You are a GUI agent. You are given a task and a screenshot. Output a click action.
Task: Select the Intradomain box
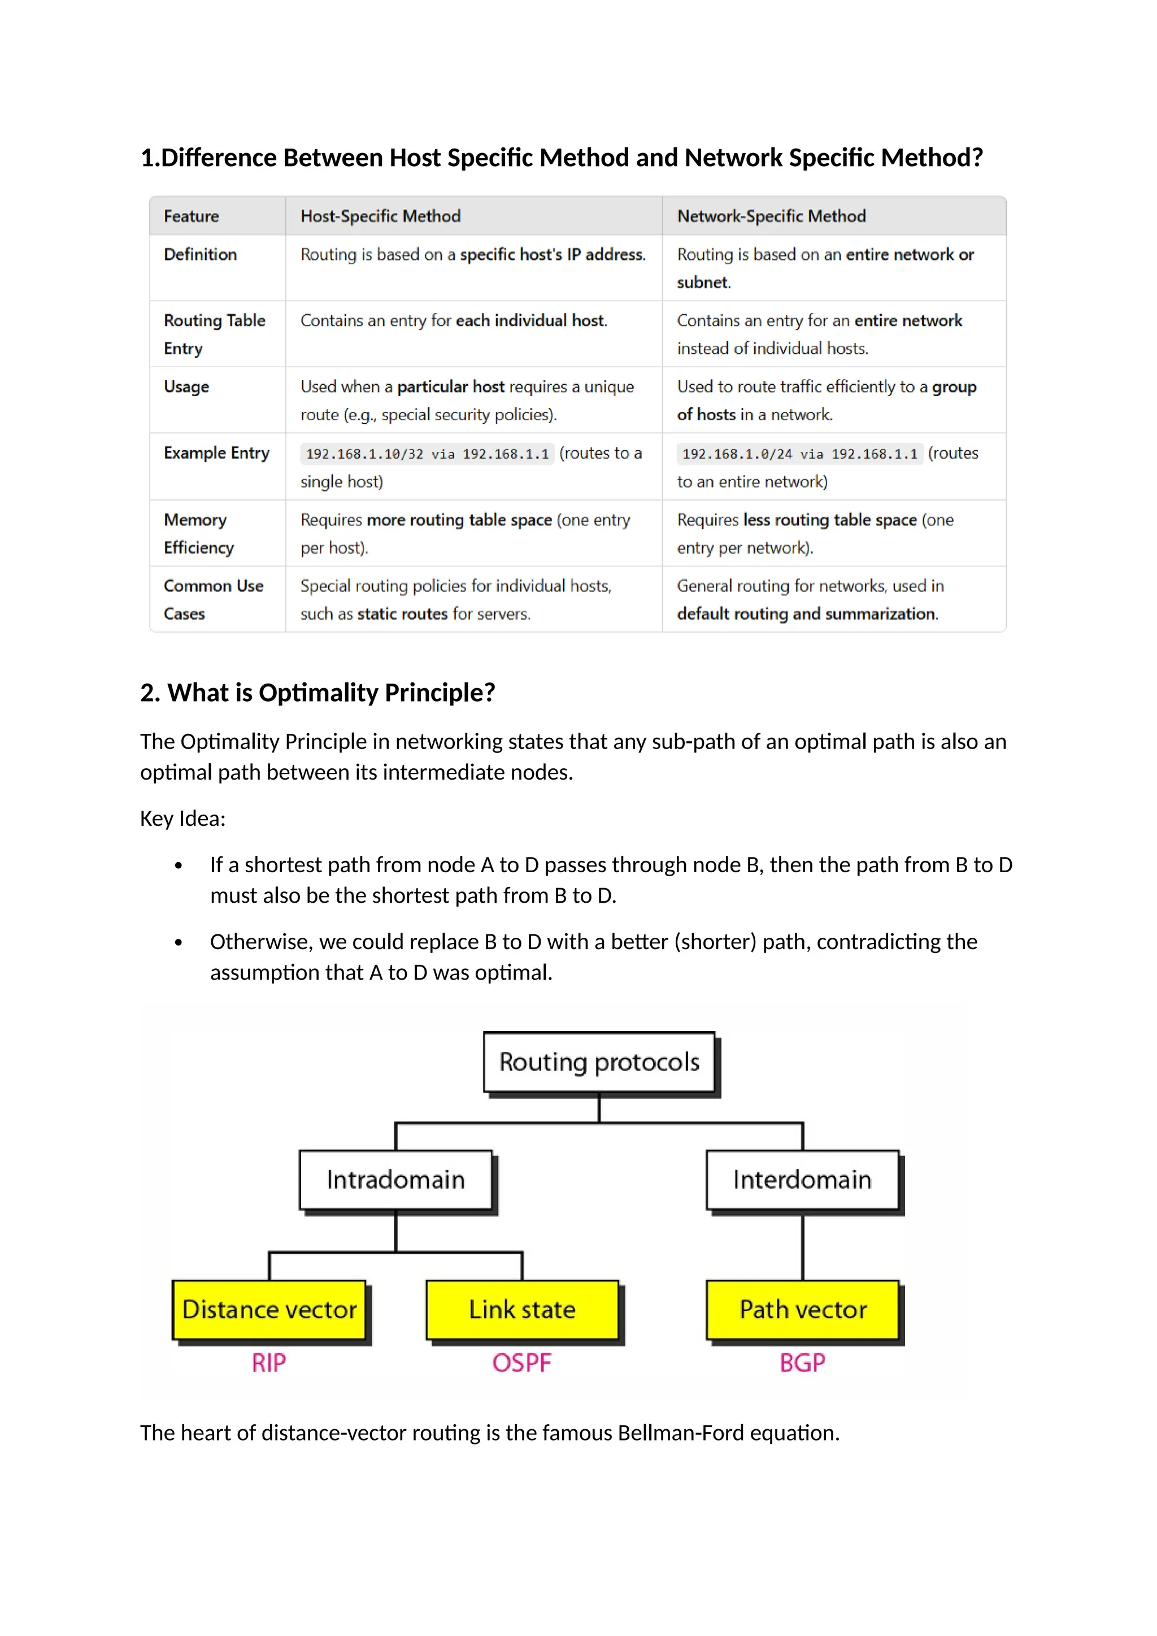[395, 1180]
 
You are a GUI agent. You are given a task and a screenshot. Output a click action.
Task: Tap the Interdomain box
[802, 1180]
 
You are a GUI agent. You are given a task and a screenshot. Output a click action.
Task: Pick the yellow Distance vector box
[269, 1309]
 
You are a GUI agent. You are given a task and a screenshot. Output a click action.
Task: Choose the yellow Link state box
[522, 1309]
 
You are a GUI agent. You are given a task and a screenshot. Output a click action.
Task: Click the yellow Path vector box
[803, 1309]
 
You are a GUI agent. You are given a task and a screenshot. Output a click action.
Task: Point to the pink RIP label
[268, 1363]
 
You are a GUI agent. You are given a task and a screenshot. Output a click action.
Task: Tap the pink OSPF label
[521, 1363]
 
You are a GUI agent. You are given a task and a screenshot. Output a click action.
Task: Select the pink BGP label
[802, 1363]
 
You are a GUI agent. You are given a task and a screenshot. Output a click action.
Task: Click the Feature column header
[191, 216]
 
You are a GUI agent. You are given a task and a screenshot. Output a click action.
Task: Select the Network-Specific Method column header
[772, 216]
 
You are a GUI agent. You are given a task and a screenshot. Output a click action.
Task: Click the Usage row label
[186, 386]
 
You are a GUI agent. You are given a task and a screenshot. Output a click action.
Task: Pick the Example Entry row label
[216, 453]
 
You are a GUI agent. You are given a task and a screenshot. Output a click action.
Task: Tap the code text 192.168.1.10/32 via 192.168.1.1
[428, 454]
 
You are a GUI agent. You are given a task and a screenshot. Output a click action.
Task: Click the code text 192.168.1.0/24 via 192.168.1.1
[799, 454]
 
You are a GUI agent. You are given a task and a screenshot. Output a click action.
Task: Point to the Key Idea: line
[182, 819]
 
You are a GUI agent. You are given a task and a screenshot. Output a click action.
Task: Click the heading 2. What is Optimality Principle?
[317, 693]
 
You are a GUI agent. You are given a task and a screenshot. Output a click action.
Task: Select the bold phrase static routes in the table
[403, 614]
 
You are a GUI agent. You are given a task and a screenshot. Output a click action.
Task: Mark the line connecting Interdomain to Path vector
[803, 1247]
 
